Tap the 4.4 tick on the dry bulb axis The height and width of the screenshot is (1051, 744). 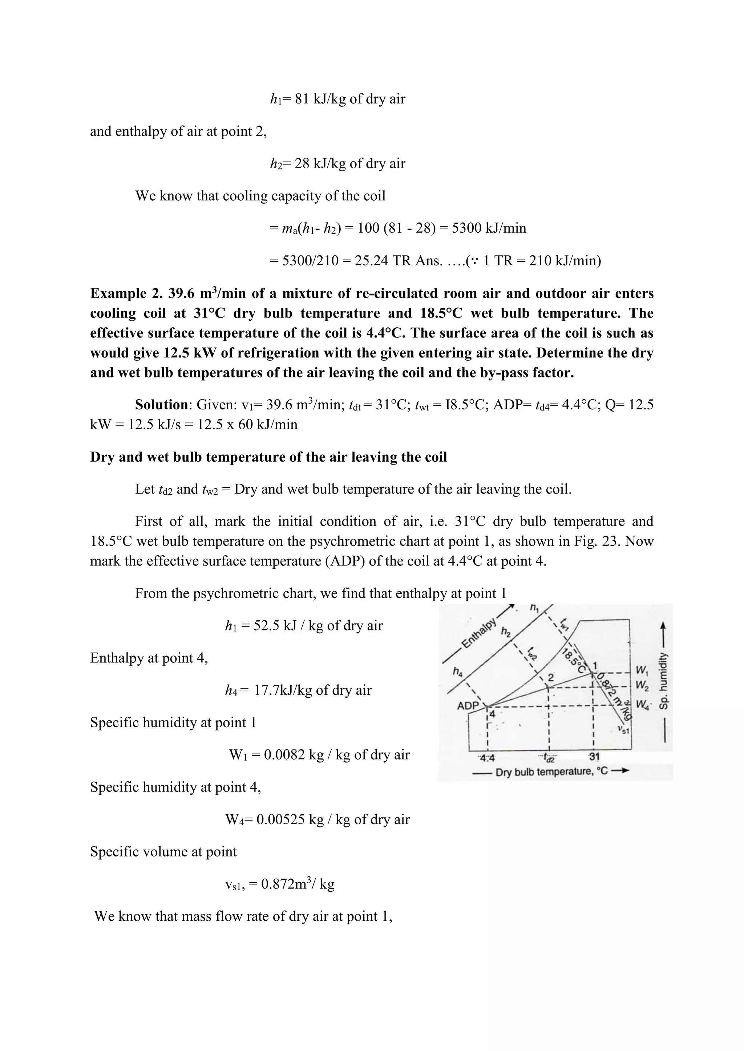pyautogui.click(x=486, y=757)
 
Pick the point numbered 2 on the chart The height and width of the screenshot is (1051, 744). pyautogui.click(x=551, y=678)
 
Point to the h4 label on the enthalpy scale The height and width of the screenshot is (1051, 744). pyautogui.click(x=458, y=671)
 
